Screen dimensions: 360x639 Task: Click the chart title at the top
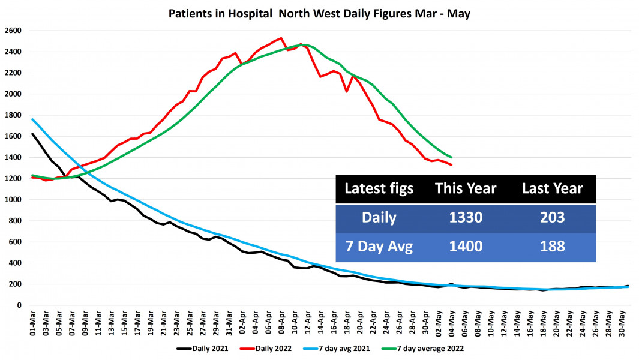point(319,13)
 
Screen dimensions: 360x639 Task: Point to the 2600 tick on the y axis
point(13,31)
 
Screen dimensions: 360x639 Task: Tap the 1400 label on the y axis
point(13,157)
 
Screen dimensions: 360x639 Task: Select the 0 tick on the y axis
point(19,305)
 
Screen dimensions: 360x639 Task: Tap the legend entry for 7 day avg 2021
point(346,348)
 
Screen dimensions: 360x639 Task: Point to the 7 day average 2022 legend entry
point(428,348)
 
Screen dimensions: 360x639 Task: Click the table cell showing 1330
point(466,217)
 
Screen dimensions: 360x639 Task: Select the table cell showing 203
point(552,217)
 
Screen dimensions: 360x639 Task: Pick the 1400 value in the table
point(466,246)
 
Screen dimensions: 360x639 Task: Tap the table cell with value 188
point(552,246)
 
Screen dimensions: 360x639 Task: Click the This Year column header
point(466,188)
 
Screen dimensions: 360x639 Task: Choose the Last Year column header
point(552,188)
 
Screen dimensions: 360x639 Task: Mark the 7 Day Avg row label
point(379,246)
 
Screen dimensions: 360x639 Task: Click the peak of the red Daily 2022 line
point(281,38)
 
